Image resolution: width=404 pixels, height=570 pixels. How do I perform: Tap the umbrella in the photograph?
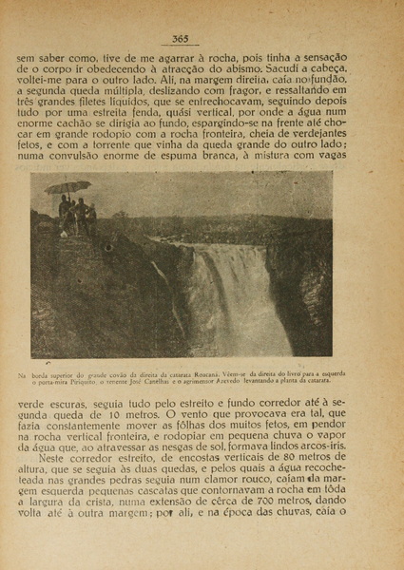(x=67, y=186)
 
